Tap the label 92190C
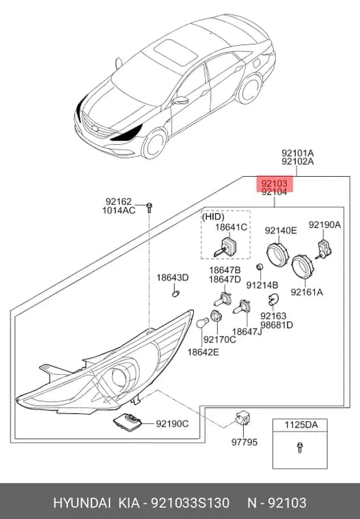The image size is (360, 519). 172,423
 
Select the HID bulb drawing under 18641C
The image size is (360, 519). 225,247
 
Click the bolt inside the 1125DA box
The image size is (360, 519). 300,447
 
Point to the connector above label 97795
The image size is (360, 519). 243,418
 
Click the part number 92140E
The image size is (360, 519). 281,230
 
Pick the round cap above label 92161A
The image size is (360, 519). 302,267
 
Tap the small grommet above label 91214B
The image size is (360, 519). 260,266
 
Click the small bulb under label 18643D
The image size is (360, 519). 176,293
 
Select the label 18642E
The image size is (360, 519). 204,352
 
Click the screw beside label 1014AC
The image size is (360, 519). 149,208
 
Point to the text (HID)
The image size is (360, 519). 213,216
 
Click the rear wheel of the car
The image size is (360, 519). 249,89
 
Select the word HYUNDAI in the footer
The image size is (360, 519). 82,503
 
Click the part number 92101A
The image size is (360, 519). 298,153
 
